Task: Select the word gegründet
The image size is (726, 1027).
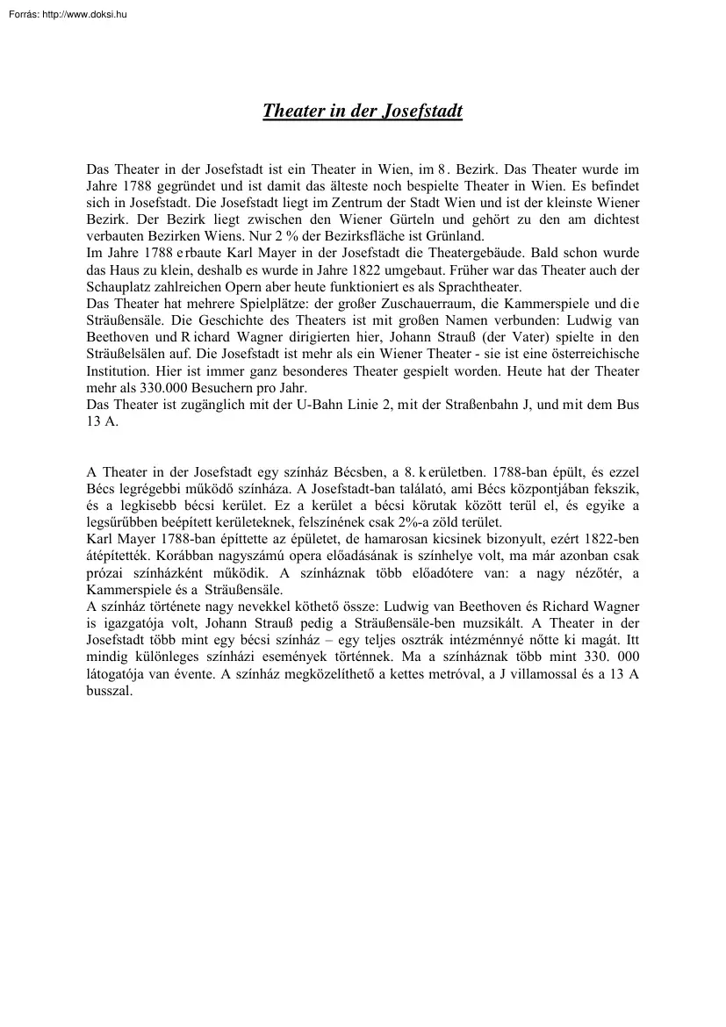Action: coord(184,187)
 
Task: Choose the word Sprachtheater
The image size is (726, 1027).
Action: coord(480,288)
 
